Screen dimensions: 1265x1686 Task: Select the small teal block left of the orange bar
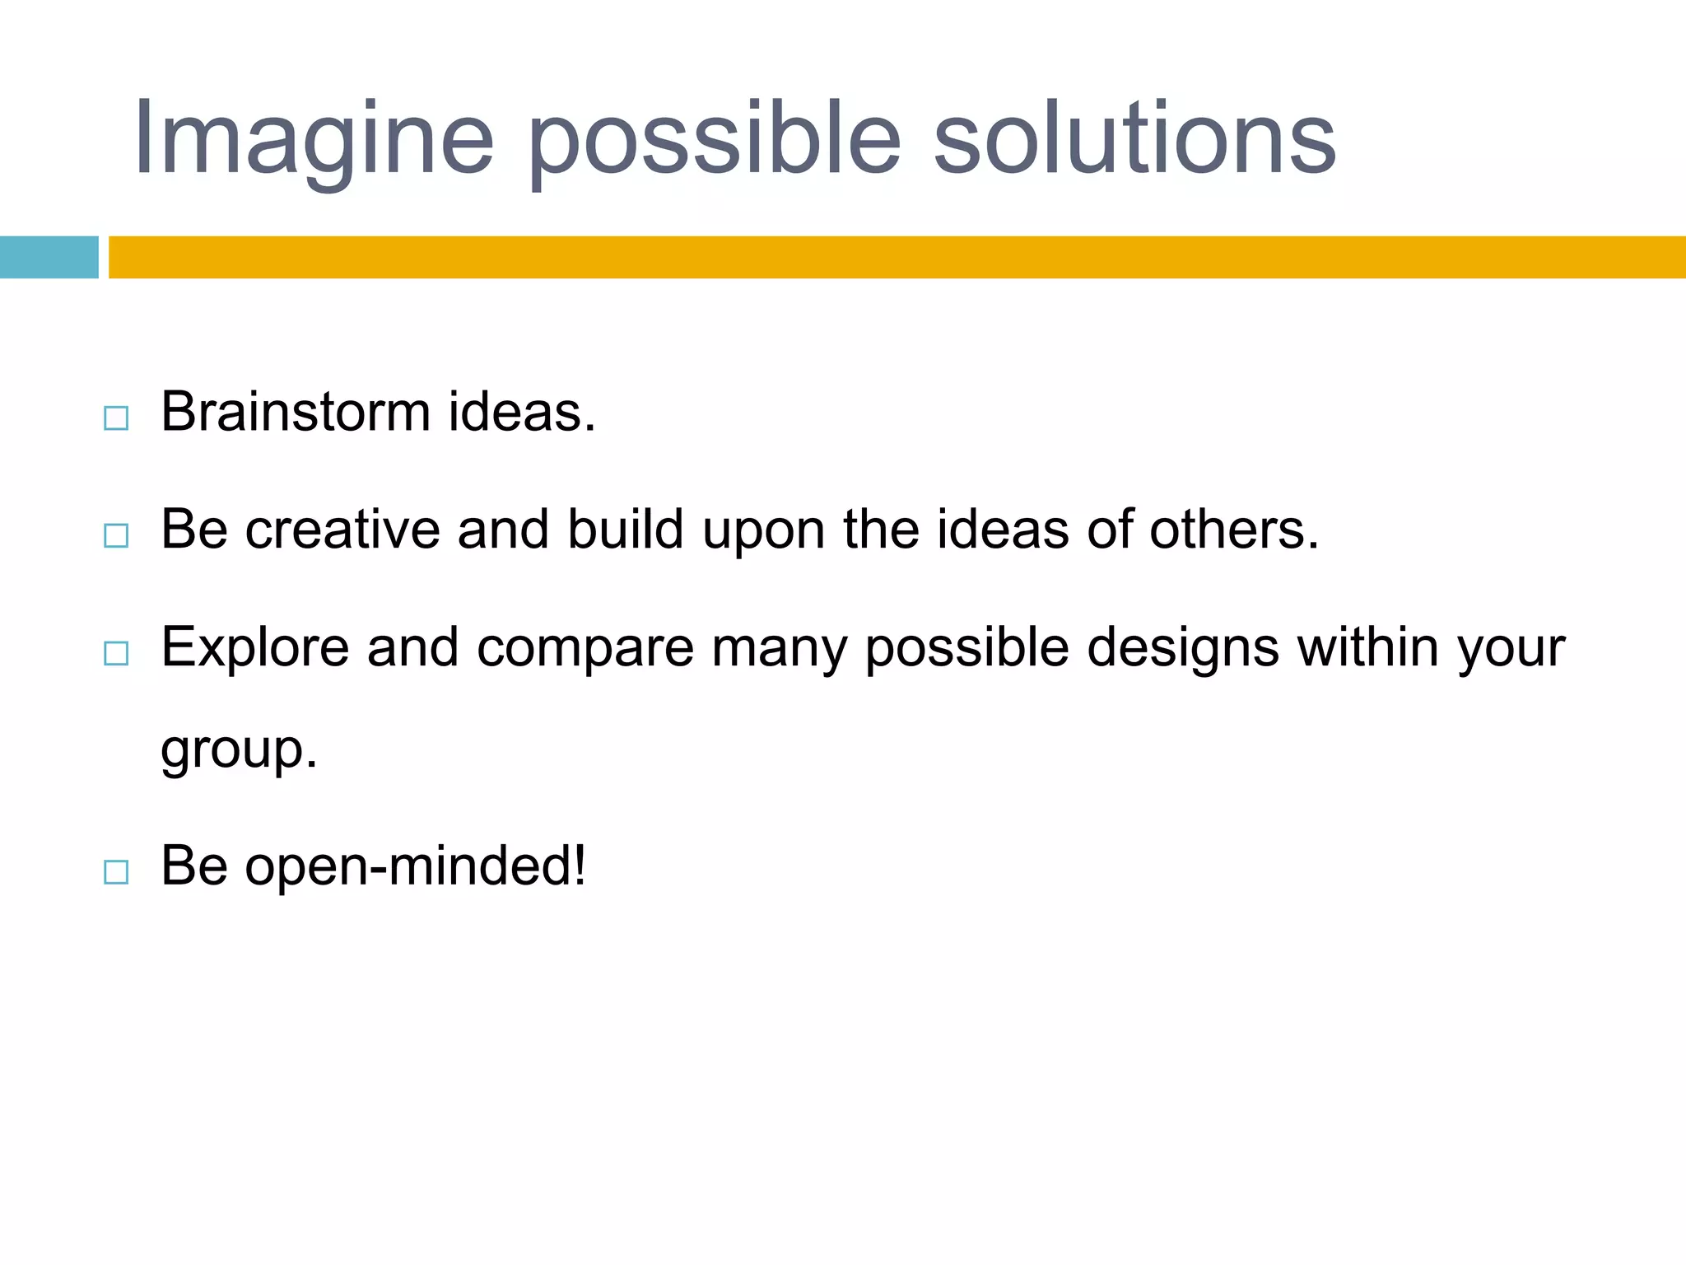49,257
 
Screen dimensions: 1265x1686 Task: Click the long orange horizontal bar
897,257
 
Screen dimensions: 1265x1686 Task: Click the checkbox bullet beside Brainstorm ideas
116,418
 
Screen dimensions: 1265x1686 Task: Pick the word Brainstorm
296,411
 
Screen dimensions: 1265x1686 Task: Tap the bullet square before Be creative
116,536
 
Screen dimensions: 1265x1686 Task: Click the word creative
342,529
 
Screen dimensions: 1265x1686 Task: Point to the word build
626,529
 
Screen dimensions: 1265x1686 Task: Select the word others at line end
1233,529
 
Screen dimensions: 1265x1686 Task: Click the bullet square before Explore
116,654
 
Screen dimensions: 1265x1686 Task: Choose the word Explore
255,647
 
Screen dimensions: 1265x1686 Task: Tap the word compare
585,647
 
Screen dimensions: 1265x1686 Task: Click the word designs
1183,647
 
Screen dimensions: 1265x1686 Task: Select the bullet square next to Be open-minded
116,872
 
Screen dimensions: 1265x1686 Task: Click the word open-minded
415,866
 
